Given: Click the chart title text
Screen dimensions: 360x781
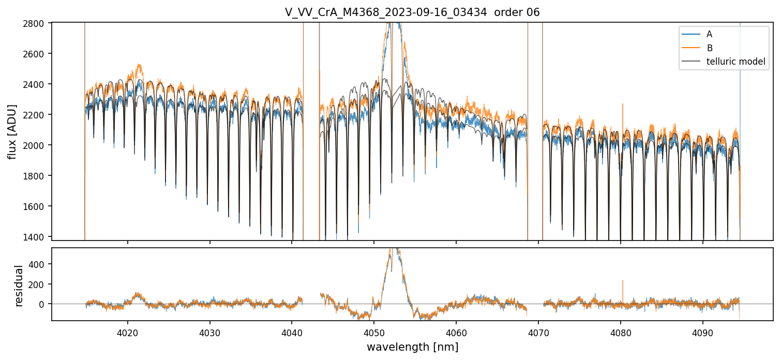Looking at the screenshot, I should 412,12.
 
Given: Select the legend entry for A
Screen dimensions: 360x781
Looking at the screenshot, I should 709,34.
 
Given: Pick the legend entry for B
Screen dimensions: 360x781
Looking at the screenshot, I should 709,48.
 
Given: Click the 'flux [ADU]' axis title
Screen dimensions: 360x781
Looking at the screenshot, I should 12,131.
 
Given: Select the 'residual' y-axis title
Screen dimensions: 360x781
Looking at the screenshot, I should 19,286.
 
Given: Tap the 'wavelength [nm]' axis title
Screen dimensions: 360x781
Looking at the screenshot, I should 412,347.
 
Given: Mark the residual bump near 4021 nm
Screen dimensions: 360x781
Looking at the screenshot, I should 138,295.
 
